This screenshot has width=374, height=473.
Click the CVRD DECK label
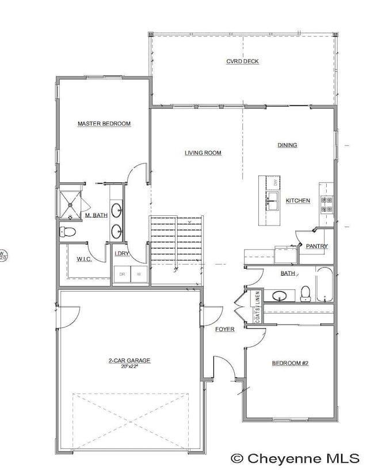click(x=242, y=61)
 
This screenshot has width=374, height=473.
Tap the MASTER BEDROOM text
click(x=104, y=124)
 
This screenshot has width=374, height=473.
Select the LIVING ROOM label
click(x=203, y=153)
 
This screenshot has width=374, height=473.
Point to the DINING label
click(x=287, y=145)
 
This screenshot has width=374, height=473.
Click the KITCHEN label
click(x=298, y=200)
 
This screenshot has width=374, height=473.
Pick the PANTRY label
click(x=316, y=246)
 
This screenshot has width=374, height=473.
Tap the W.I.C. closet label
click(x=85, y=259)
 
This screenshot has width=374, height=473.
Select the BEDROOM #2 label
click(x=290, y=363)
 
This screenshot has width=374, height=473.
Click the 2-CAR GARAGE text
click(x=129, y=360)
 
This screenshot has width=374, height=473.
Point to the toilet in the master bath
click(x=67, y=232)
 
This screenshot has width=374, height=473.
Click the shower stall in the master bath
click(x=70, y=202)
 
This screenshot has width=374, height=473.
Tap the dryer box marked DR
click(x=122, y=275)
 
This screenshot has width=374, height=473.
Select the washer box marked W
click(x=139, y=275)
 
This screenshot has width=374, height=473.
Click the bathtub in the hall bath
click(x=325, y=285)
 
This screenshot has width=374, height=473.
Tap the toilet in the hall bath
click(x=305, y=293)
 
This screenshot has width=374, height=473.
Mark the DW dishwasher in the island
click(x=275, y=183)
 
